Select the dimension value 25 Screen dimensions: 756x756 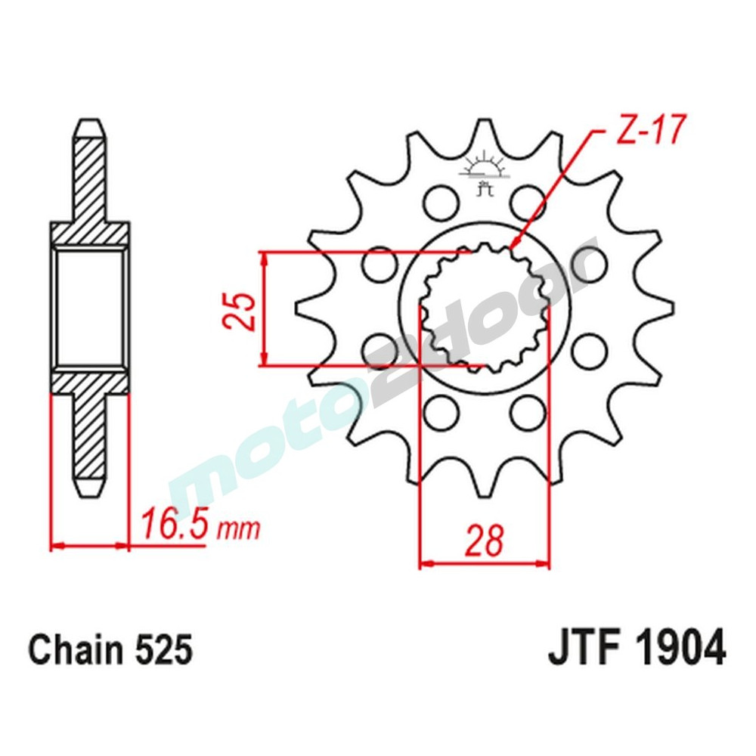click(240, 309)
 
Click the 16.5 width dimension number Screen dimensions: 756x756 click(173, 524)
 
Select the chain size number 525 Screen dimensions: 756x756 click(163, 649)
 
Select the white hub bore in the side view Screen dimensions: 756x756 click(90, 308)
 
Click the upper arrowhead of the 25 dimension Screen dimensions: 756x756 click(264, 259)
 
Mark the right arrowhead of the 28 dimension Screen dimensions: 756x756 click(542, 564)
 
